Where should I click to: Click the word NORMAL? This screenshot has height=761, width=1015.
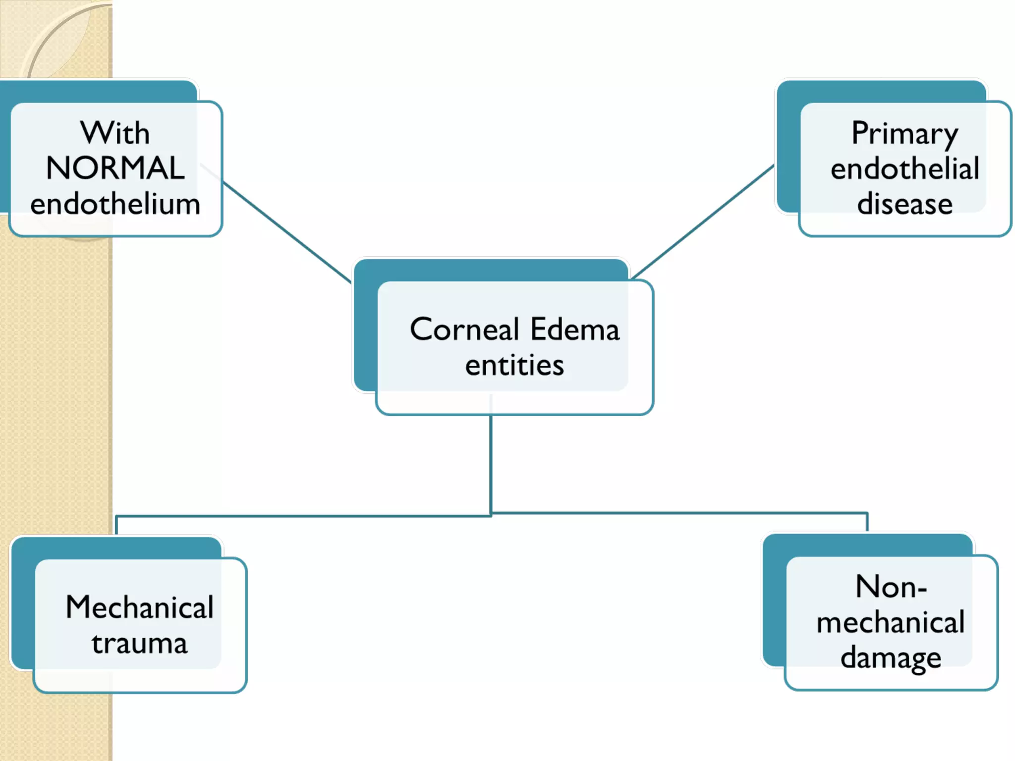(115, 168)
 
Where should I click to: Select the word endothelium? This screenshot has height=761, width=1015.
(115, 204)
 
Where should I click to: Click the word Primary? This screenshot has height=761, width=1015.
(904, 134)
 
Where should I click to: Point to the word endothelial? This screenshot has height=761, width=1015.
(904, 169)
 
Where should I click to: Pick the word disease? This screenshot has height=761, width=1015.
(904, 204)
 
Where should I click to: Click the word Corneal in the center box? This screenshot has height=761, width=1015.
(464, 329)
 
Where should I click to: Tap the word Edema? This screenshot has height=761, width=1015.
(575, 329)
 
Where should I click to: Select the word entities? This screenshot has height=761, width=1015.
(514, 366)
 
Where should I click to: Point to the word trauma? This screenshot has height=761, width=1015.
(140, 644)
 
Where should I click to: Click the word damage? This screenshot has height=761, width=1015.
(891, 658)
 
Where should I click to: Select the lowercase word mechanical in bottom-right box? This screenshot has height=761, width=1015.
(891, 623)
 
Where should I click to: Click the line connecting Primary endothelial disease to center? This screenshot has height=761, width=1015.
(704, 221)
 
